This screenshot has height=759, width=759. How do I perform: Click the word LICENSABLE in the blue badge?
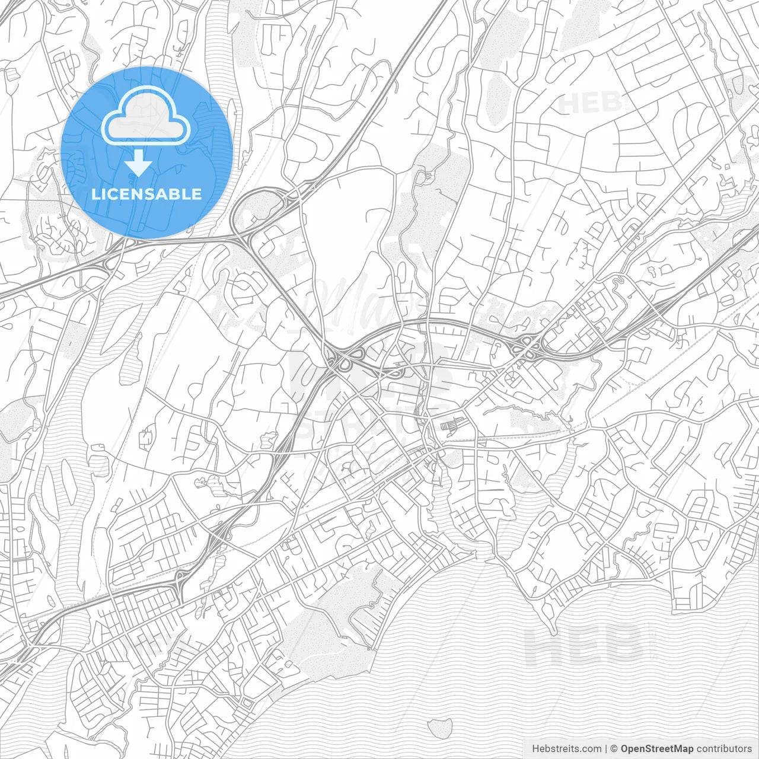(x=146, y=194)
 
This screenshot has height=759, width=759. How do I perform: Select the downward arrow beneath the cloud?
(x=139, y=163)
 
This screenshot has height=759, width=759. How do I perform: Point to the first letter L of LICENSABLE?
(x=95, y=194)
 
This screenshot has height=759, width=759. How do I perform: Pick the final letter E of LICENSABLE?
(x=196, y=194)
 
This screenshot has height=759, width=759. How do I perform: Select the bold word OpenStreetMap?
(x=657, y=749)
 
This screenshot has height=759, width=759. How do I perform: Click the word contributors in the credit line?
(x=724, y=749)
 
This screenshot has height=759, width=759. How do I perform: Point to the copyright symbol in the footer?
(x=614, y=749)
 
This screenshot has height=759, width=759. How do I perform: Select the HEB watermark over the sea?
(x=583, y=645)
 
